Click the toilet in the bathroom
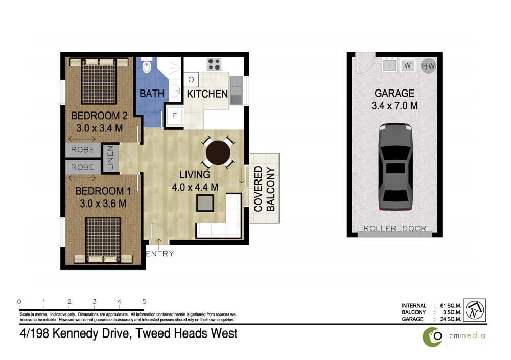click(147, 65)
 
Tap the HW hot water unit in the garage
click(428, 66)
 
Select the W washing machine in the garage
click(407, 65)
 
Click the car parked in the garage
click(396, 166)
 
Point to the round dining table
click(218, 152)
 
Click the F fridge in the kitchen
click(175, 116)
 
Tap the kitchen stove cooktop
click(214, 64)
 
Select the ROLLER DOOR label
click(394, 228)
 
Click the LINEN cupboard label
click(110, 157)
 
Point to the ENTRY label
click(159, 253)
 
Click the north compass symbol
click(475, 310)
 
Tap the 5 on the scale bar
click(144, 302)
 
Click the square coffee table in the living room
click(205, 203)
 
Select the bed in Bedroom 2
click(99, 81)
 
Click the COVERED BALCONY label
click(264, 189)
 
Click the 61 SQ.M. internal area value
click(450, 306)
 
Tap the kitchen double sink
click(236, 91)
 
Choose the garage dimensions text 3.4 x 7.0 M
click(394, 106)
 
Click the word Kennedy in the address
click(75, 333)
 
